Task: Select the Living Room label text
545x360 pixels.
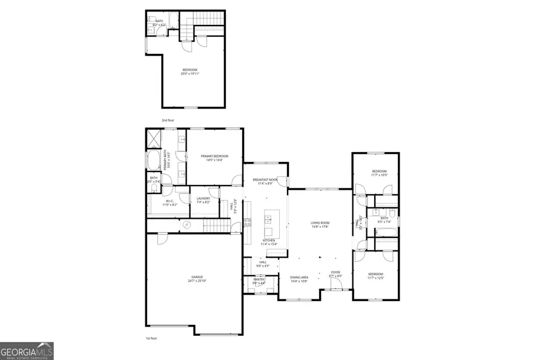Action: pos(320,225)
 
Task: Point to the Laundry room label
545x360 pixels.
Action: pos(203,200)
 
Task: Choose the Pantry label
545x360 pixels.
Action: pos(259,281)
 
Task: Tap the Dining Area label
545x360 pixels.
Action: pos(299,279)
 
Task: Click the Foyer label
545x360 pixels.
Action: pos(335,275)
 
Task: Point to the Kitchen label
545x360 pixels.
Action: pos(269,242)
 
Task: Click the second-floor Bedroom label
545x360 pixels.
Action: pos(190,72)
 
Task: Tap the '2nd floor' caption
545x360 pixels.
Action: pos(168,121)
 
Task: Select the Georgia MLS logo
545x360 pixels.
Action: pos(27,351)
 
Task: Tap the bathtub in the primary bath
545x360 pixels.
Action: pos(153,162)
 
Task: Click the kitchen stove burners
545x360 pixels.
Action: pos(247,222)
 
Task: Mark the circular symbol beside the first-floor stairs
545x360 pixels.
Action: pos(187,225)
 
